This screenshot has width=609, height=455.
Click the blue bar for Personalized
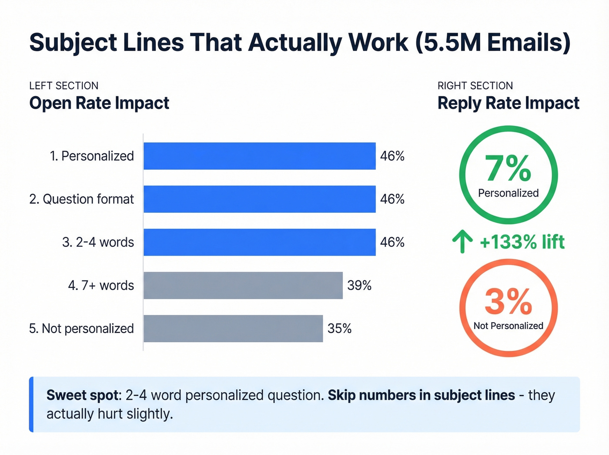click(259, 156)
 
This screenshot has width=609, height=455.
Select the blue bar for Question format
click(259, 199)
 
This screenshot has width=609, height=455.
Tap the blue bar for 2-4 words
click(259, 242)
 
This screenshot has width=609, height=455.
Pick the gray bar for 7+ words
click(243, 285)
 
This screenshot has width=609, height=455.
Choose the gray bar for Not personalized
click(233, 328)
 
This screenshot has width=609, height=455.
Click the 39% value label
click(359, 285)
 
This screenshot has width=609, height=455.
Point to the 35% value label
click(339, 328)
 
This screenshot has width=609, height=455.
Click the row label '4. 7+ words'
click(101, 285)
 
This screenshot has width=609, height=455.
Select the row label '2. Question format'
click(81, 199)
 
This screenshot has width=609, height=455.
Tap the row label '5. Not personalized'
click(81, 328)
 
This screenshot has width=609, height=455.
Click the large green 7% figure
click(508, 169)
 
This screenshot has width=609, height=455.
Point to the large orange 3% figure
click(508, 301)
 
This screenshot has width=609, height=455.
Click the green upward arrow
click(462, 242)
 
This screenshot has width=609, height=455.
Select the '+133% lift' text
click(522, 242)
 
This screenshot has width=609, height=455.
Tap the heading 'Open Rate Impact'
click(99, 103)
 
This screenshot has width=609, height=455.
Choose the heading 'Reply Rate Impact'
click(508, 103)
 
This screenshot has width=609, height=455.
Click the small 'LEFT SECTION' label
click(64, 86)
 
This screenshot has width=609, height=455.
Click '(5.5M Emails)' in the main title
click(493, 43)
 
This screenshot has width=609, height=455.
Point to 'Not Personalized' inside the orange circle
click(508, 326)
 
